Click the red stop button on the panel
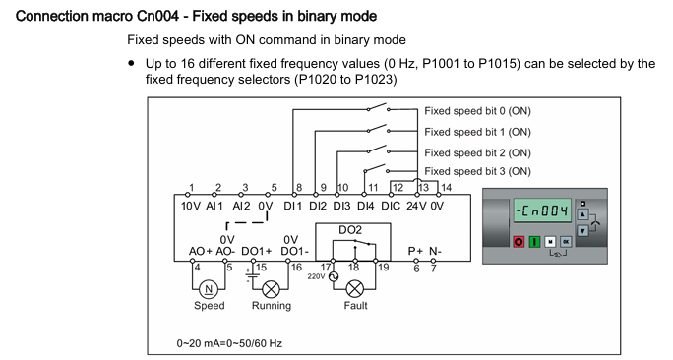click(519, 242)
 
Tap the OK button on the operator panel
click(566, 242)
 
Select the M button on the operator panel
click(550, 242)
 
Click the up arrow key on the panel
click(582, 214)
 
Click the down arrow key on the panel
click(582, 230)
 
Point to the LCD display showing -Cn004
click(542, 210)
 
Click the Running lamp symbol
click(271, 289)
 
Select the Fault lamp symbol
click(354, 289)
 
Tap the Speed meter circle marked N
click(209, 289)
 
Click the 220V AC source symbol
click(334, 276)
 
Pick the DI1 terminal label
click(293, 206)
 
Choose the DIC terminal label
click(391, 206)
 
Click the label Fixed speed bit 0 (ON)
click(478, 111)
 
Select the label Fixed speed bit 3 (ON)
click(478, 171)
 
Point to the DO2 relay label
click(350, 230)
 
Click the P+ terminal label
click(415, 251)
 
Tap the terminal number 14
click(447, 187)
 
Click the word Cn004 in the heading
click(157, 17)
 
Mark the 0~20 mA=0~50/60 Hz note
click(229, 343)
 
